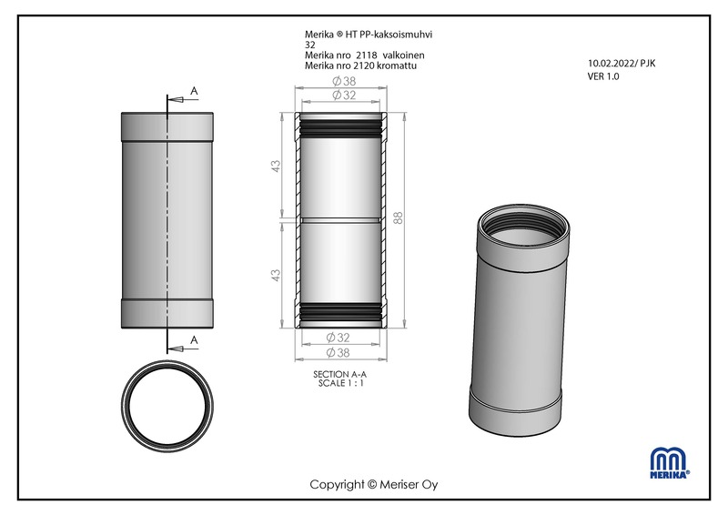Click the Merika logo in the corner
(670, 462)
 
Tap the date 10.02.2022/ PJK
(622, 64)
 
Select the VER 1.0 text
(603, 76)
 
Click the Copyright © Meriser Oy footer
(374, 485)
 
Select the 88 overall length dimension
(399, 217)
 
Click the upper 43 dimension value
(276, 167)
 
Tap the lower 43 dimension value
(276, 275)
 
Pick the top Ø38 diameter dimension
(344, 81)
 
